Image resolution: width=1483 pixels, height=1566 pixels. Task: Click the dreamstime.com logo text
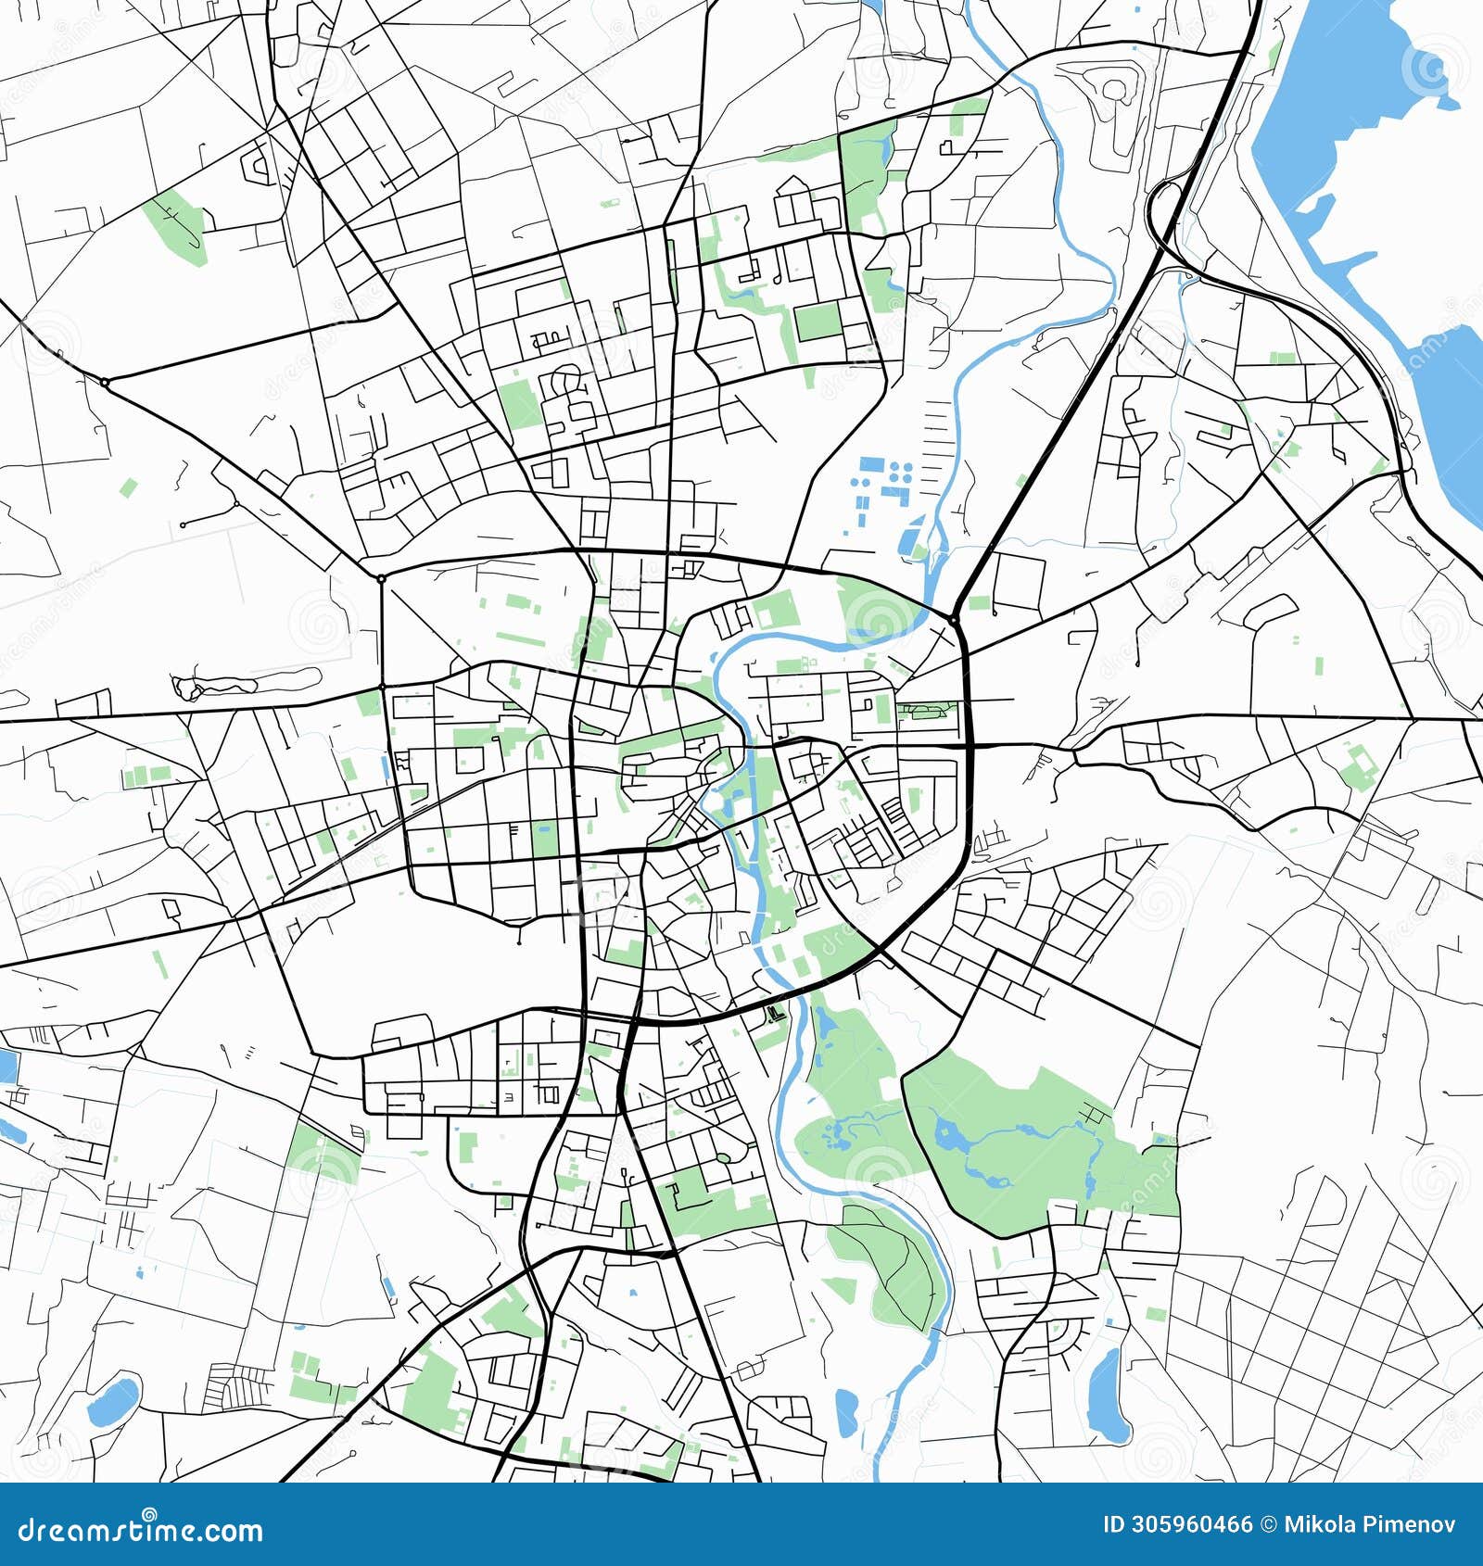(x=141, y=1530)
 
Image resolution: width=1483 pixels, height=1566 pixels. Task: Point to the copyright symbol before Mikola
(x=1268, y=1524)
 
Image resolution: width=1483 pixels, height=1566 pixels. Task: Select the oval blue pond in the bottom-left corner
(x=113, y=1402)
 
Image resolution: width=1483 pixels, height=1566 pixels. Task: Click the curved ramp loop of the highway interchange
(x=1160, y=208)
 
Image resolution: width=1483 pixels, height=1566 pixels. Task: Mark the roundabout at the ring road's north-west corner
(x=381, y=578)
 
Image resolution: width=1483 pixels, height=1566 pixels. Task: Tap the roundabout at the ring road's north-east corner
(x=953, y=618)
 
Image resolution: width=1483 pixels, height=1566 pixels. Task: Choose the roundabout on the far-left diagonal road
(x=105, y=382)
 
